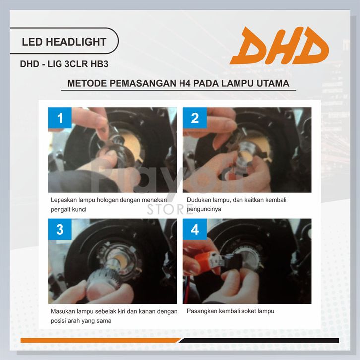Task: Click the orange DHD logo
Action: (x=279, y=46)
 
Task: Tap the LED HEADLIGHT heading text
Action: (x=64, y=42)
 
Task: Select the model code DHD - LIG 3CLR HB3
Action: (x=64, y=64)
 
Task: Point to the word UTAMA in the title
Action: (x=273, y=83)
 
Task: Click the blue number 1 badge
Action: (x=60, y=118)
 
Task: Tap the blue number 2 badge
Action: (x=195, y=118)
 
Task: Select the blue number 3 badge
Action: (x=60, y=229)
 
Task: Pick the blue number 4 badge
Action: (x=195, y=229)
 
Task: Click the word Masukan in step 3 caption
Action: (x=62, y=311)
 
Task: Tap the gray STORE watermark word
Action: (x=170, y=209)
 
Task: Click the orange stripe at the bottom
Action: (x=101, y=340)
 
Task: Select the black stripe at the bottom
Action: (x=259, y=340)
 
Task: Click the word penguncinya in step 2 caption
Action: (x=204, y=209)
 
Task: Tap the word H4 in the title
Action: (x=184, y=83)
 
